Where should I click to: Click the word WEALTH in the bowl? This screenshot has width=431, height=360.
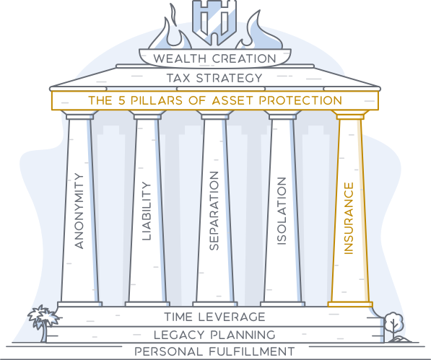click(180, 58)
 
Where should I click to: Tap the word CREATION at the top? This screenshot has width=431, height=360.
click(244, 58)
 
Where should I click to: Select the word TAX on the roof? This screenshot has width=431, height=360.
click(178, 78)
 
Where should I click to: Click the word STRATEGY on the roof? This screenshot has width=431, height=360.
click(230, 78)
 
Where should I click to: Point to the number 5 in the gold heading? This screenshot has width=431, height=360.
click(122, 100)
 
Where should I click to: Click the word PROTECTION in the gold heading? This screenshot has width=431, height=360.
click(300, 100)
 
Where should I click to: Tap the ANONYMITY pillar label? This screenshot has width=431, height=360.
click(79, 211)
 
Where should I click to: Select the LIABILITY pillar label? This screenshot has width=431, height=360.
click(147, 211)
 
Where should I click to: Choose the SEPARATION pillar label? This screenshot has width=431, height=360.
click(214, 211)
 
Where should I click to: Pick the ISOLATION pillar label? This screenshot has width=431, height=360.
click(282, 211)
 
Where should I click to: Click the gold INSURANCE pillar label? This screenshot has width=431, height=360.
click(349, 219)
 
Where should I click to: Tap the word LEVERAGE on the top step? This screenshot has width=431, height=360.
click(232, 317)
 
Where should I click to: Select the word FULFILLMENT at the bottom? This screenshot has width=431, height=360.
click(252, 352)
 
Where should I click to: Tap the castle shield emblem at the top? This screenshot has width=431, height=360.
click(214, 21)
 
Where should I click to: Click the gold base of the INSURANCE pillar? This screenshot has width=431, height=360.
click(350, 304)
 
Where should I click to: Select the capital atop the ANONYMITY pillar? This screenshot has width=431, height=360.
click(79, 115)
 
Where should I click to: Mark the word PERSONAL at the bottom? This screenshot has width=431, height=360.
click(168, 352)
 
